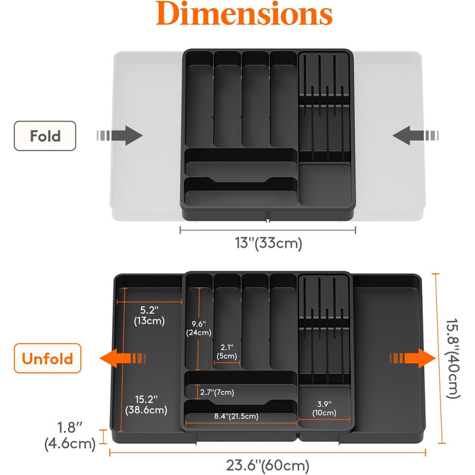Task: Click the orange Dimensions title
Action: [x=244, y=14]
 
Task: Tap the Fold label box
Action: [x=45, y=136]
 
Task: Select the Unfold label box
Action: [x=47, y=358]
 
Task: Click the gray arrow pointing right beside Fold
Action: [x=119, y=136]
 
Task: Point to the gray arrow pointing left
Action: [x=415, y=136]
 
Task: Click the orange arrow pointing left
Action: [x=123, y=358]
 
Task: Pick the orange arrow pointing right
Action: [x=413, y=358]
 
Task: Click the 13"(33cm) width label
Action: [x=269, y=243]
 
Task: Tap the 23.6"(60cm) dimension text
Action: [x=268, y=465]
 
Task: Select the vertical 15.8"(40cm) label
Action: [x=453, y=359]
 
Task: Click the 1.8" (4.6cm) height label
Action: [x=71, y=436]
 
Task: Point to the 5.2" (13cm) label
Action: [x=149, y=316]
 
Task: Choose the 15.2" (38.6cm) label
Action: [x=147, y=404]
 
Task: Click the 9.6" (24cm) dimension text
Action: [x=199, y=328]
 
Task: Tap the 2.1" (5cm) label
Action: [x=227, y=351]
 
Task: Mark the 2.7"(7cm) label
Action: [x=217, y=392]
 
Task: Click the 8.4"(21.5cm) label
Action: [x=236, y=416]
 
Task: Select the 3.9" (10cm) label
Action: [x=324, y=408]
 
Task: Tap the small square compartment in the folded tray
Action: [x=325, y=184]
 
